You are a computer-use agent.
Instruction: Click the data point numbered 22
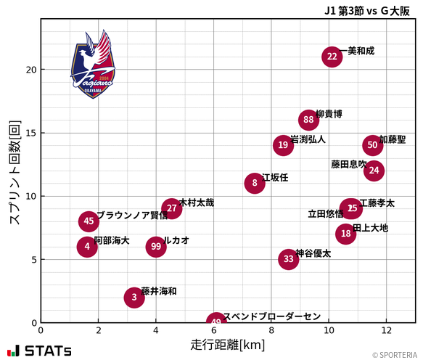tap(332, 57)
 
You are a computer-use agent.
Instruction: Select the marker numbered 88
tap(309, 120)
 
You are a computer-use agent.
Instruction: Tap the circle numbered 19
tap(283, 145)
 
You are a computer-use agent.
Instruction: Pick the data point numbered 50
tap(372, 145)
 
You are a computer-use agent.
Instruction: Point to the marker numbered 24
tap(374, 171)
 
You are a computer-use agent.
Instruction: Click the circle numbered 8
tap(255, 183)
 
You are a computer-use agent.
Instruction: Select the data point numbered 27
tap(171, 208)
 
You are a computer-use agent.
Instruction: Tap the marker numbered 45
tap(89, 221)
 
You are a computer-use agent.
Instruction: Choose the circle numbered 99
tap(156, 247)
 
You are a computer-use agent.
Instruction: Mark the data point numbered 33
tap(289, 259)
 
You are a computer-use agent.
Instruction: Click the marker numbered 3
tap(134, 297)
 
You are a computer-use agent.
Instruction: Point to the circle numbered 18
tap(346, 234)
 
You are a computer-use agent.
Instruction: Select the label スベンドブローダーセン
tap(271, 316)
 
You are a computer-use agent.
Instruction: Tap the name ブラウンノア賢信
tap(131, 216)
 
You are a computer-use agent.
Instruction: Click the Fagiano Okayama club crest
tap(93, 65)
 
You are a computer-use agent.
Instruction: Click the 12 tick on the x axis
tap(386, 330)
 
